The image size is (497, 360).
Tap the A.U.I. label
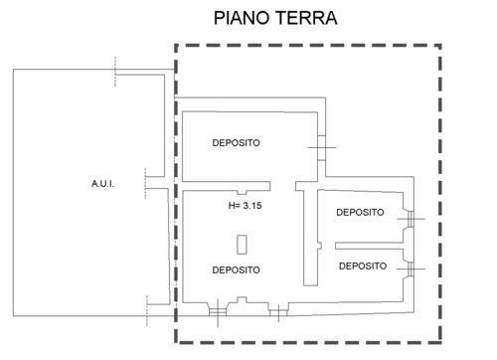pos(103,184)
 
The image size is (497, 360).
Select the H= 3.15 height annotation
pos(246,206)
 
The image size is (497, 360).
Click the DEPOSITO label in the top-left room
pos(236,143)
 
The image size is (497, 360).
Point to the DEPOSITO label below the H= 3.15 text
pos(236,270)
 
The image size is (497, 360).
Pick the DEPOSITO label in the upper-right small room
pos(360,212)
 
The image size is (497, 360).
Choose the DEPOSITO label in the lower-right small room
pos(363,266)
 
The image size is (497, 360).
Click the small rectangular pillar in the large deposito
pos(242,245)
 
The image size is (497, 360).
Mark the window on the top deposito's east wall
pos(322,148)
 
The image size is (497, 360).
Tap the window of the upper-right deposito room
pos(411,219)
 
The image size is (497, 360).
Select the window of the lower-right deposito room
pos(411,269)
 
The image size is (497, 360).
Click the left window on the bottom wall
pos(218,312)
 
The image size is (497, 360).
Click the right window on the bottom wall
pos(278,312)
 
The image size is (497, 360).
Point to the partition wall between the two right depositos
pos(369,246)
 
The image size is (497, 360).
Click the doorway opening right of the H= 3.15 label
pos(283,186)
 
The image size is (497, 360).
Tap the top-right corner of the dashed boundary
pos(440,45)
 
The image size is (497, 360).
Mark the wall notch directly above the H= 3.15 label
pos(242,193)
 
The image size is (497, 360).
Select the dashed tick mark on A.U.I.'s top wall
pos(115,72)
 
